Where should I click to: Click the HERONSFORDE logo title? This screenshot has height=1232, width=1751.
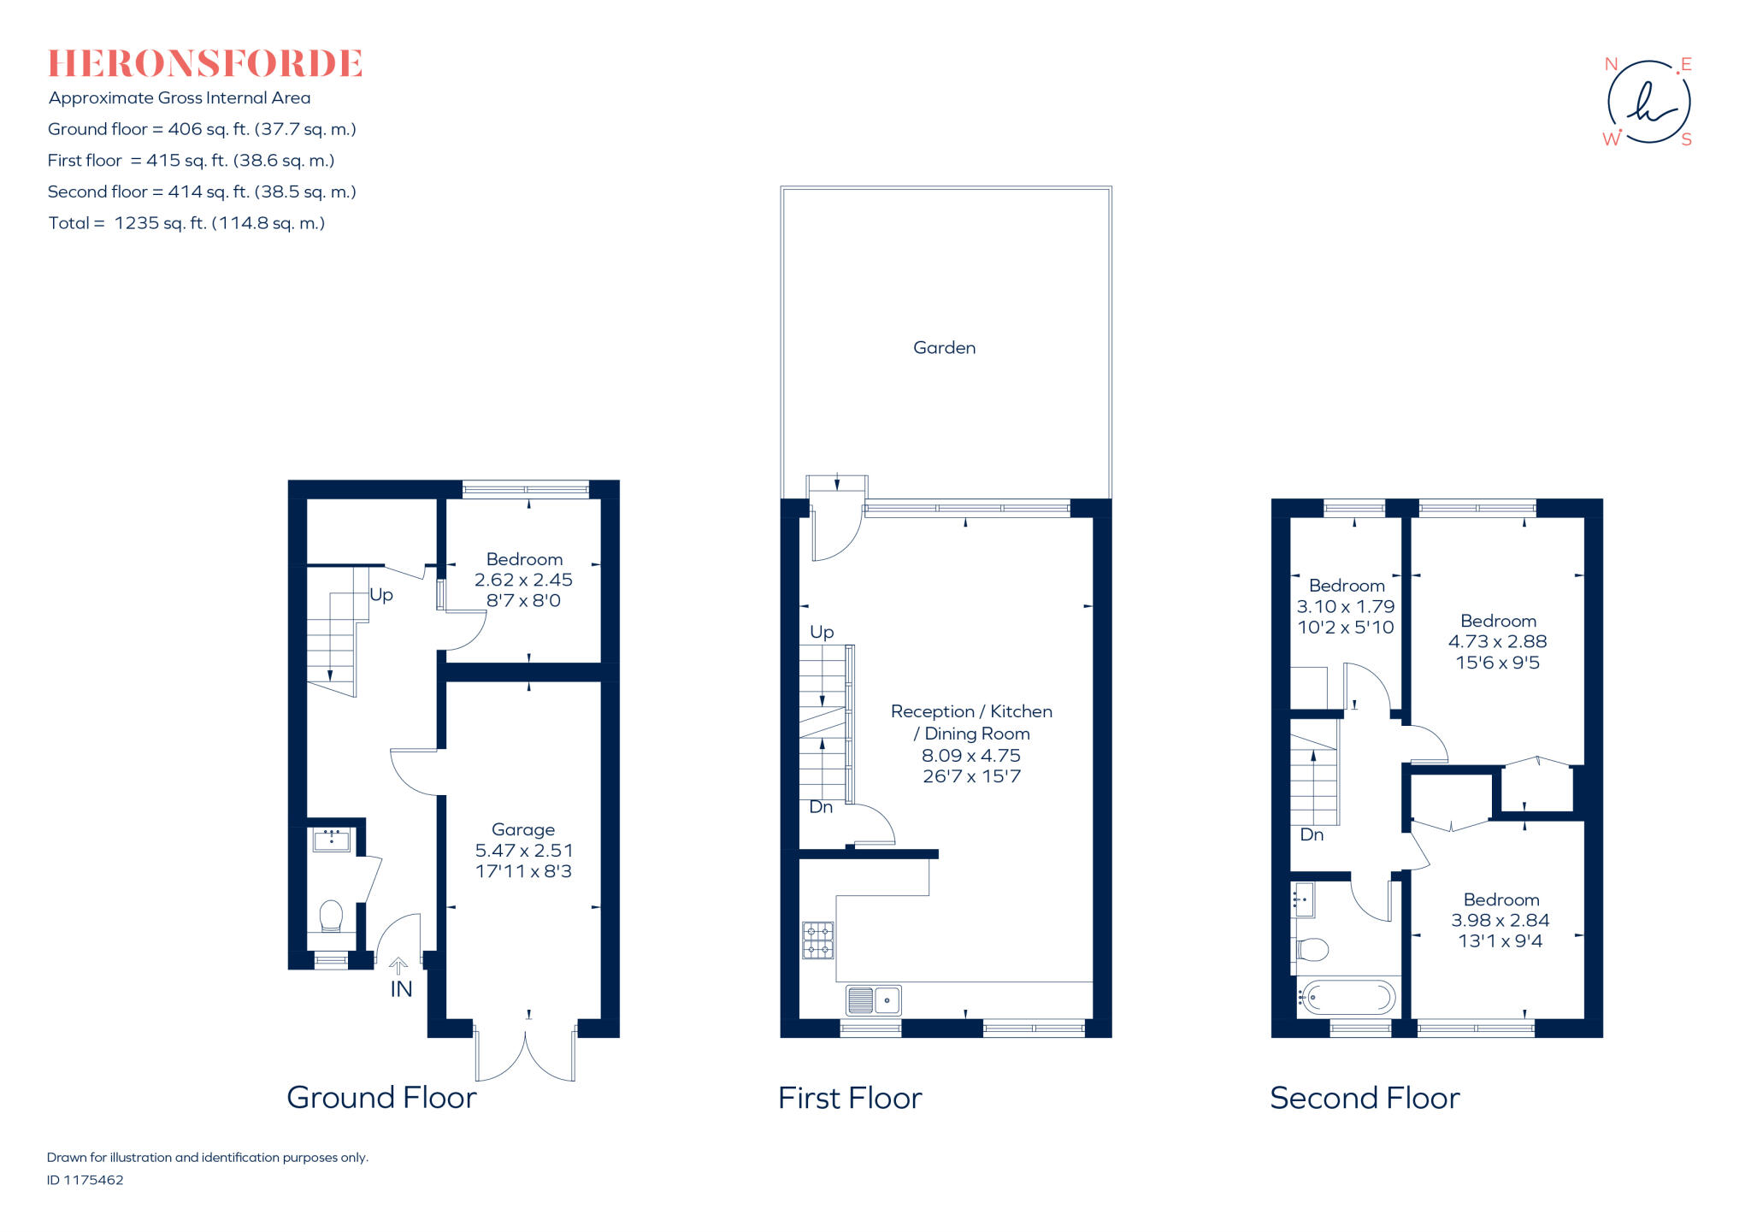click(x=205, y=64)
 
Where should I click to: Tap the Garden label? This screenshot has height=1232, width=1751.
click(x=944, y=348)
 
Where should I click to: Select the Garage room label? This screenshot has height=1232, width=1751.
click(x=523, y=830)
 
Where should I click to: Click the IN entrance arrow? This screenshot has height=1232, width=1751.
click(x=398, y=967)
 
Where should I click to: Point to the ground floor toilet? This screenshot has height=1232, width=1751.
click(x=331, y=917)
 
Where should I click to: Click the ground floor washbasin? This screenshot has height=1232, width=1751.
click(x=331, y=840)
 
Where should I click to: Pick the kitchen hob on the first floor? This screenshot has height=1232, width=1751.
click(x=817, y=940)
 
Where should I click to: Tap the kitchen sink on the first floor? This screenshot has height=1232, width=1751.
click(x=873, y=999)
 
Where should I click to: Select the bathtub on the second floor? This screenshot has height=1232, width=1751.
click(x=1347, y=997)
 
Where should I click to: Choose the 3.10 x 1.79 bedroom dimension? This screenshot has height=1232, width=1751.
click(x=1346, y=607)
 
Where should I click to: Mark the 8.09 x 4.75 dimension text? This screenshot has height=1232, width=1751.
click(x=971, y=756)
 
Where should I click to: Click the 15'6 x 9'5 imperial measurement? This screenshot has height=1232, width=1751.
click(x=1498, y=663)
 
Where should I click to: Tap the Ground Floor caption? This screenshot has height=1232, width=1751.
click(x=381, y=1098)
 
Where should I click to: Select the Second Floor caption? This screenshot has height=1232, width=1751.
click(x=1365, y=1098)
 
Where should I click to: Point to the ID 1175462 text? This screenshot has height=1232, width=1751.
click(x=85, y=1180)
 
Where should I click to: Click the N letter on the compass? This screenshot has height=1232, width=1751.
click(x=1611, y=64)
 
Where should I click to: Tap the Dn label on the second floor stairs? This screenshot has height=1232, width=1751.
click(x=1312, y=835)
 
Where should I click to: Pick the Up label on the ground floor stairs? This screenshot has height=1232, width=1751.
click(x=381, y=595)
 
